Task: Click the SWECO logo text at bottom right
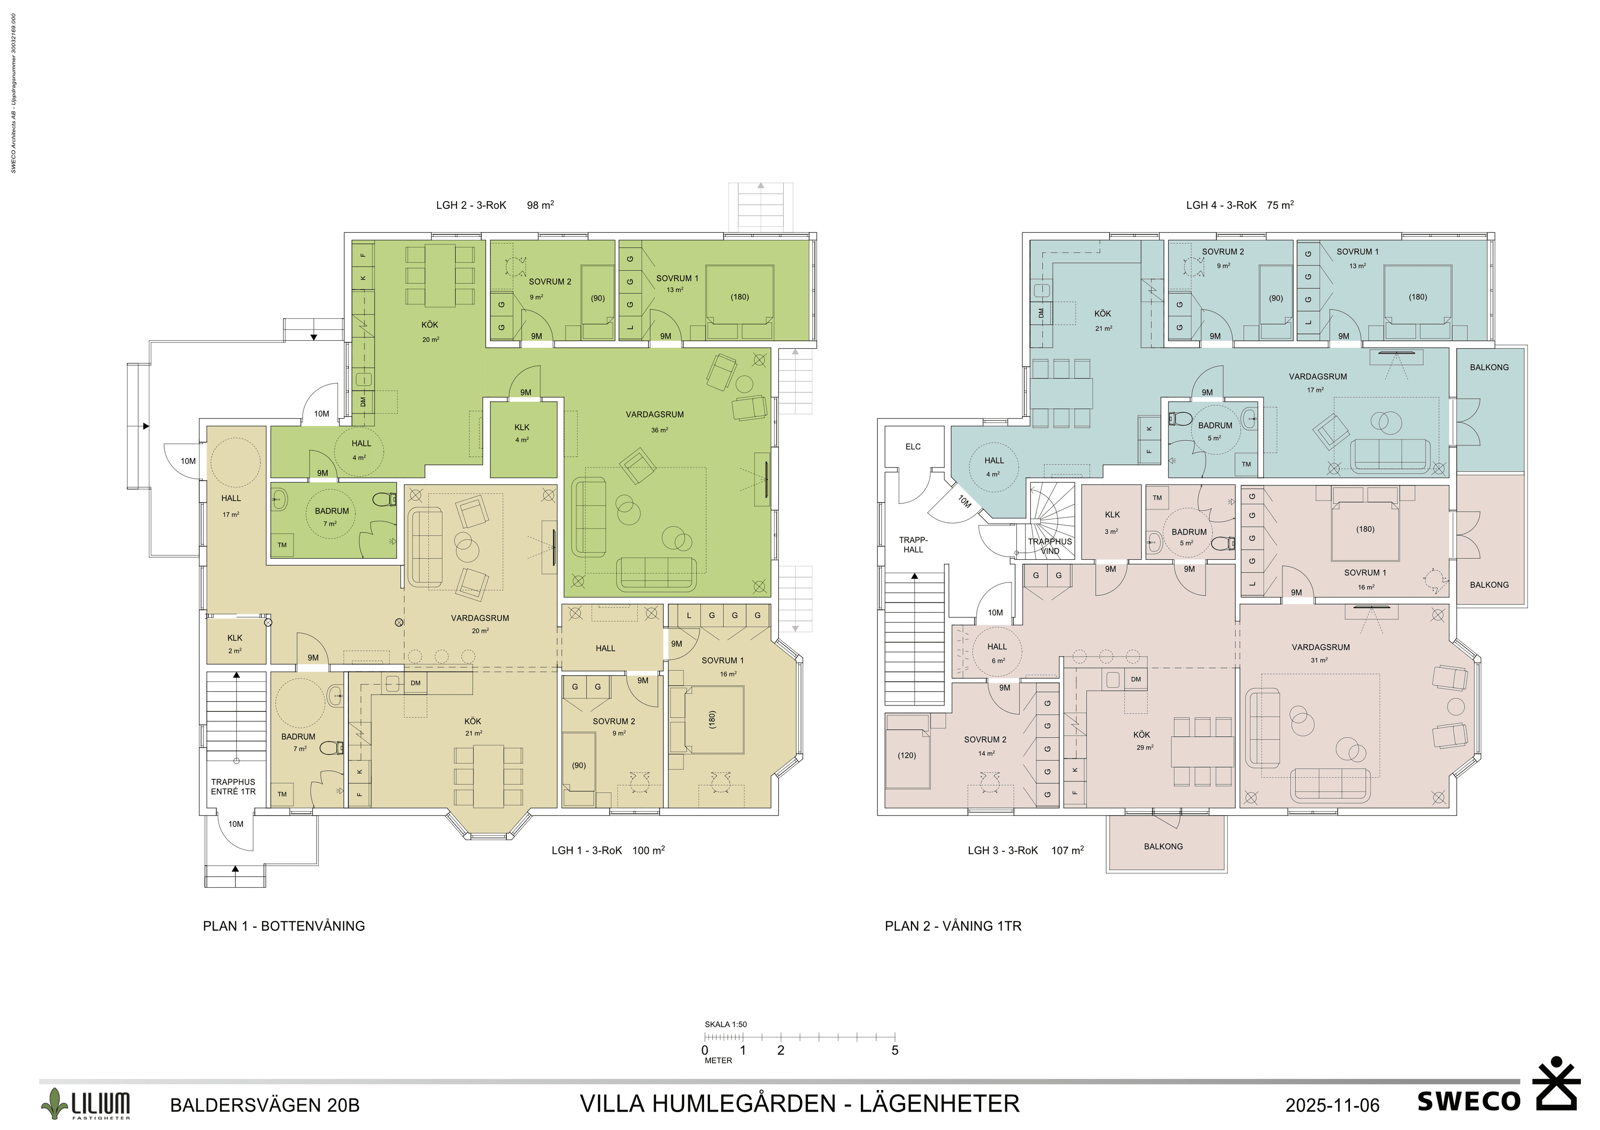(1468, 1101)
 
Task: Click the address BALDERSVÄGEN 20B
(265, 1105)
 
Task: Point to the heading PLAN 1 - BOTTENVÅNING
(284, 926)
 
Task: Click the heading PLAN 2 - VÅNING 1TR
(952, 926)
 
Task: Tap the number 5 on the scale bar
(895, 1050)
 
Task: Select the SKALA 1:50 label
(725, 1024)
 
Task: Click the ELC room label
(913, 447)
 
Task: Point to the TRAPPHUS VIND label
(1050, 546)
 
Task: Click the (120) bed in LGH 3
(907, 755)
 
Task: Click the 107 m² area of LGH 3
(1067, 850)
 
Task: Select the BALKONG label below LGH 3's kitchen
(1163, 846)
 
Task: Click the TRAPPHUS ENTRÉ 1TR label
(233, 786)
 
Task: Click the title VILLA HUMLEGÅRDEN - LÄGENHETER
(799, 1103)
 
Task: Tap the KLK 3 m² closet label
(1112, 522)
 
